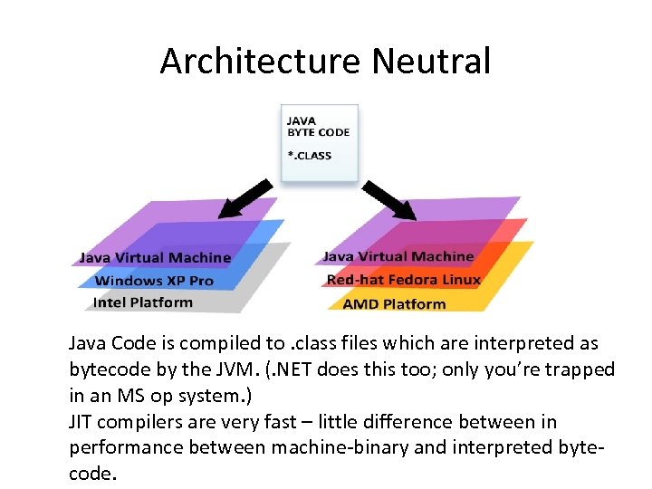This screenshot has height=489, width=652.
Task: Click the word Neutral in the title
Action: tap(431, 62)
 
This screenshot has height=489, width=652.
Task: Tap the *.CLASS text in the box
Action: tap(309, 155)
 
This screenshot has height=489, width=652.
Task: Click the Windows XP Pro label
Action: tap(154, 281)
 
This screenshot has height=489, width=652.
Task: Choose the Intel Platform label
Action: tap(143, 302)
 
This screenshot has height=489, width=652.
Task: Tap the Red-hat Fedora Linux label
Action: tap(404, 280)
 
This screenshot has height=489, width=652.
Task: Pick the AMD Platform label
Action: tap(394, 303)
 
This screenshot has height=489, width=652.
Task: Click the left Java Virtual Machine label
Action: tap(155, 258)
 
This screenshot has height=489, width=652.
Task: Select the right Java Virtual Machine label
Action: tap(398, 257)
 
